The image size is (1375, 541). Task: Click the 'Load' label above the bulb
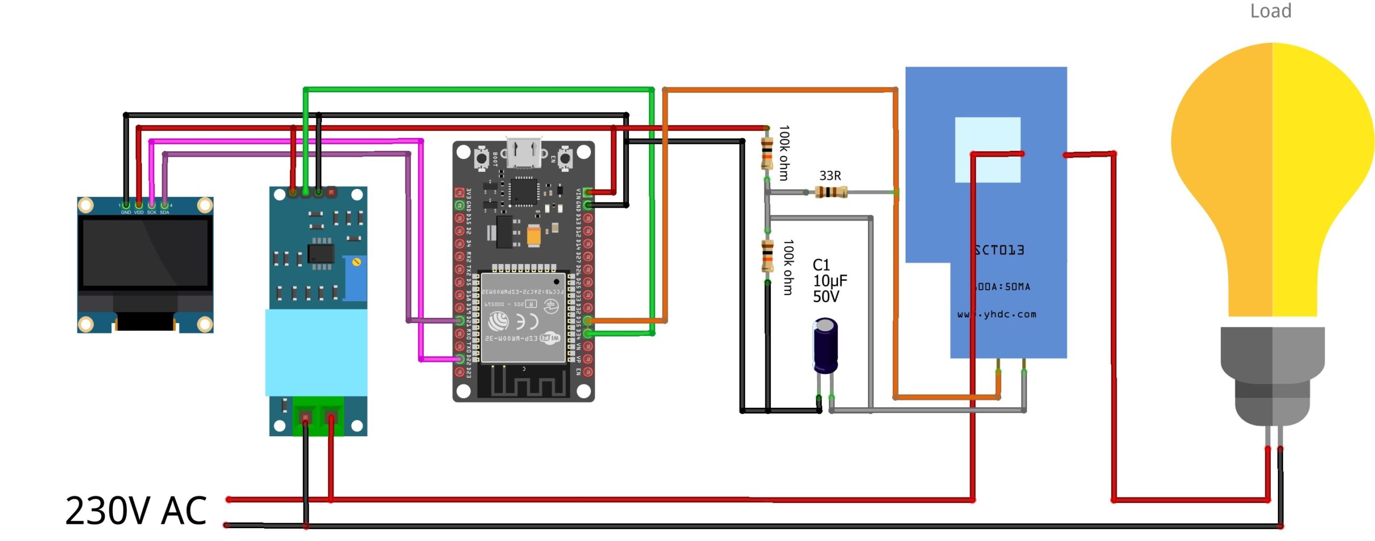[1270, 11]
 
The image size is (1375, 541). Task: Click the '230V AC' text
[136, 510]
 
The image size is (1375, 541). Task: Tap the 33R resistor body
[830, 192]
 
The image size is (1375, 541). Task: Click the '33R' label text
[830, 176]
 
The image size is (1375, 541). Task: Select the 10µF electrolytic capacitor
[825, 345]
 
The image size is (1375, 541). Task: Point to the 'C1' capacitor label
[821, 265]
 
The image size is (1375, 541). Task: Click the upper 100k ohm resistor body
[767, 152]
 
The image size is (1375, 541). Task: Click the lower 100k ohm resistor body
[768, 256]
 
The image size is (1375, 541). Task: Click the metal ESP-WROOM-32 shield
[523, 317]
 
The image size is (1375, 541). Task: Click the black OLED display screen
[145, 253]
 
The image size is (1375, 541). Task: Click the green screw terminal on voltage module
[318, 416]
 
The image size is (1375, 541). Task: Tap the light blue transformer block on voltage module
[316, 352]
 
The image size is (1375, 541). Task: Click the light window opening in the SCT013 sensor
[987, 150]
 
